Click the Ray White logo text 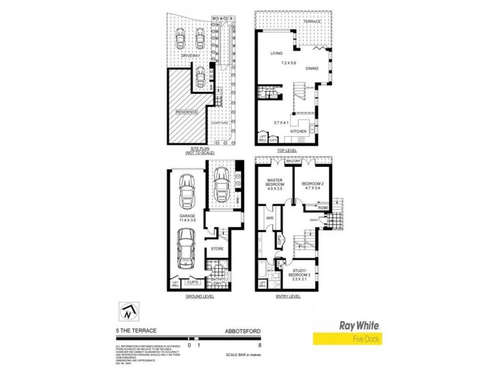(360, 326)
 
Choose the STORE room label (217, 249)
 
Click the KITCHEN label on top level (299, 132)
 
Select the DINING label (314, 69)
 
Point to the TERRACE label (312, 22)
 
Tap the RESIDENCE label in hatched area (186, 112)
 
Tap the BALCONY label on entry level (294, 161)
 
